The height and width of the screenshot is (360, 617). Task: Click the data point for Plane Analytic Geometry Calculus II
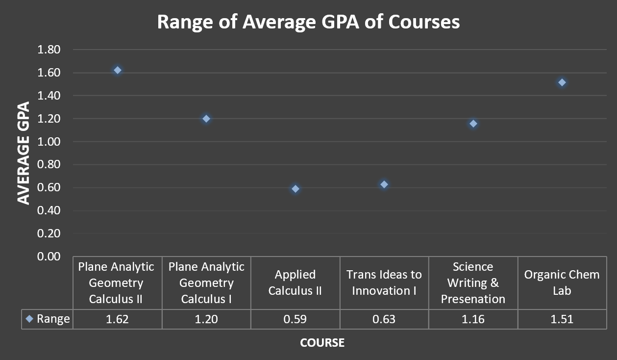[x=117, y=70]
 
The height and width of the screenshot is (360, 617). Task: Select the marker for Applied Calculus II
[x=295, y=189]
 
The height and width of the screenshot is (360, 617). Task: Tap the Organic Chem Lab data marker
[x=562, y=82]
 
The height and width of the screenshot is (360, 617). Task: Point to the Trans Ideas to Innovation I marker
[x=384, y=184]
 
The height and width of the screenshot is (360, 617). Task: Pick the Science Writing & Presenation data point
[x=473, y=124]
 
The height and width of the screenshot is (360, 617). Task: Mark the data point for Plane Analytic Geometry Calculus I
[x=206, y=119]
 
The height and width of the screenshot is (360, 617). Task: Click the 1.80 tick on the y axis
[x=48, y=50]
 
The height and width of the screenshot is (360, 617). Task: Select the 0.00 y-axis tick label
[x=48, y=257]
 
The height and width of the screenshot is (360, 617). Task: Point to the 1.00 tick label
[x=48, y=142]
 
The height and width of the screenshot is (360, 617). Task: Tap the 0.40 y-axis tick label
[x=48, y=210]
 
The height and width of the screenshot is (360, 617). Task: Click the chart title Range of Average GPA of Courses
[x=308, y=22]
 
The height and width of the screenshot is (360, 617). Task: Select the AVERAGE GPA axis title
[x=24, y=153]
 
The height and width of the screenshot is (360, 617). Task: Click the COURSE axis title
[x=322, y=342]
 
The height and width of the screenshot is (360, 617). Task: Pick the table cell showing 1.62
[x=117, y=319]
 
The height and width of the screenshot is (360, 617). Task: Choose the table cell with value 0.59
[x=295, y=319]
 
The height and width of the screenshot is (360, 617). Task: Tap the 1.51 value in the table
[x=562, y=319]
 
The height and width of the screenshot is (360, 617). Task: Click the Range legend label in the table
[x=53, y=319]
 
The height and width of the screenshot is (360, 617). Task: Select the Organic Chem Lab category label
[x=562, y=283]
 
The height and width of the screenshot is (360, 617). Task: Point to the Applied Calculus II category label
[x=295, y=283]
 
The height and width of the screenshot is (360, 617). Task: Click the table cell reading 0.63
[x=384, y=319]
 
